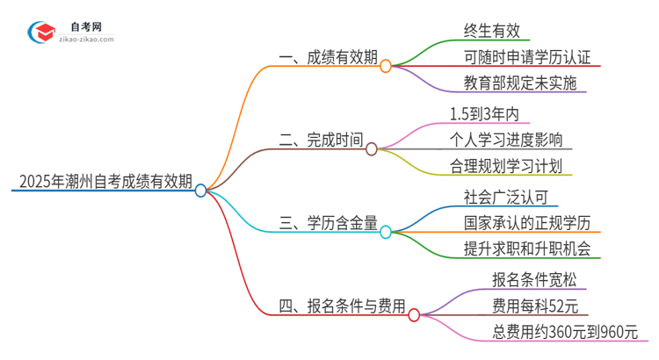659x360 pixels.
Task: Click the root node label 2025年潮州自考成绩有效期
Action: tap(104, 183)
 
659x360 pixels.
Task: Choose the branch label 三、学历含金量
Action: tap(328, 226)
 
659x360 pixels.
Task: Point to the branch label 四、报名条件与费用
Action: tap(342, 306)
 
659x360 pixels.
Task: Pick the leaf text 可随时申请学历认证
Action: tap(527, 58)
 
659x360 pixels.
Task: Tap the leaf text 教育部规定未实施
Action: tap(520, 85)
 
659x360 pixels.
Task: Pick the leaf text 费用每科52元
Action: tap(535, 306)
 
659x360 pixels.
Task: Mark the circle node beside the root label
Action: tap(201, 190)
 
